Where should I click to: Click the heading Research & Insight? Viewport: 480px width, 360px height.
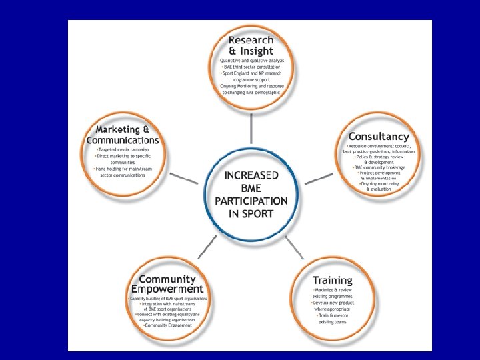tap(251, 45)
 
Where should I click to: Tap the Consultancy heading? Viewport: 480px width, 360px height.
tap(378, 137)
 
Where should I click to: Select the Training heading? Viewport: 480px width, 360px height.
tap(332, 280)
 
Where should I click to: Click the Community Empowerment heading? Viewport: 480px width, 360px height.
tap(167, 284)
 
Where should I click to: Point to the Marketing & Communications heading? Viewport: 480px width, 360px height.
tap(123, 135)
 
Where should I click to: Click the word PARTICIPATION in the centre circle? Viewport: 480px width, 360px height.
tap(251, 201)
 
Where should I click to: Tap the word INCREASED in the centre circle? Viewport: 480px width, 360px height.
tap(251, 175)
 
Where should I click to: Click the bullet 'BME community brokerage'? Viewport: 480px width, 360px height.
tap(378, 167)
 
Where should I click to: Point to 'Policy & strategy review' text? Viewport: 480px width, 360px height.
tap(379, 157)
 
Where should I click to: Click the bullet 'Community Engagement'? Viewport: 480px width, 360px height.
tap(167, 325)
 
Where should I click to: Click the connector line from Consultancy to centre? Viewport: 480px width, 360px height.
tap(319, 178)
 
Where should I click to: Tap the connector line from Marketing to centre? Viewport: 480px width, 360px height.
tap(183, 178)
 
